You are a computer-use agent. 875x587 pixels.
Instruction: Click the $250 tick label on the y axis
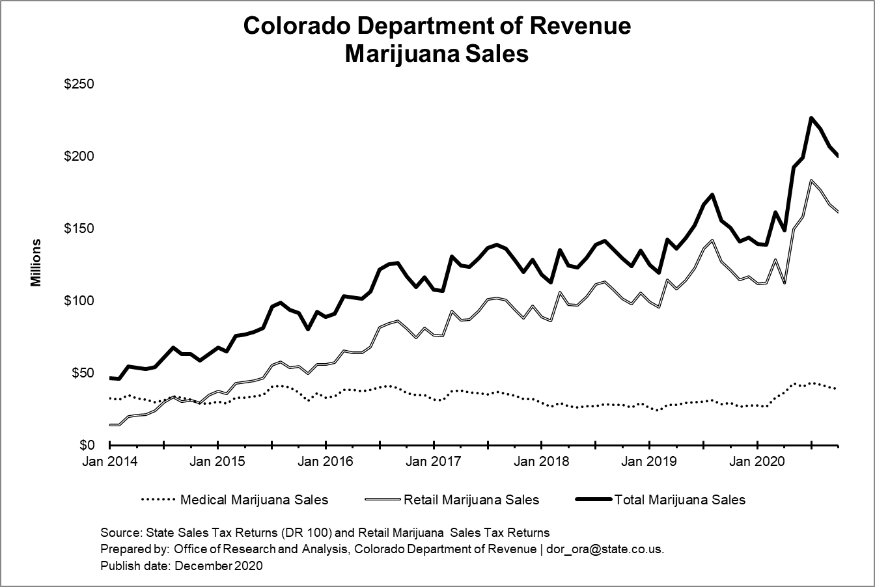[79, 85]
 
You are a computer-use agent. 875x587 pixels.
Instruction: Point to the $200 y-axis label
[79, 157]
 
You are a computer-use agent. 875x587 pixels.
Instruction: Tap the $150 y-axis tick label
[79, 229]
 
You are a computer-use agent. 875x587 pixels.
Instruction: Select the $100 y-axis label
[79, 301]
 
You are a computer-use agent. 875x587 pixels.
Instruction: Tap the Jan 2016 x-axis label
[326, 462]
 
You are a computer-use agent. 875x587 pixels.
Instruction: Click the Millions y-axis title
[36, 263]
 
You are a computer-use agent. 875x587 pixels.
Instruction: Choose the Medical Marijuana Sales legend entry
[254, 500]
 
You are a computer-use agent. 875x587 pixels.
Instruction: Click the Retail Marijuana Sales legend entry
[471, 500]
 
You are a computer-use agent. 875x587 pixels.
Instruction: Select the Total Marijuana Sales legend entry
[680, 500]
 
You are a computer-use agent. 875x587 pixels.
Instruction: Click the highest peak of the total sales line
[811, 118]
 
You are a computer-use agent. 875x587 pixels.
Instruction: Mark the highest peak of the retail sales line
[811, 180]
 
